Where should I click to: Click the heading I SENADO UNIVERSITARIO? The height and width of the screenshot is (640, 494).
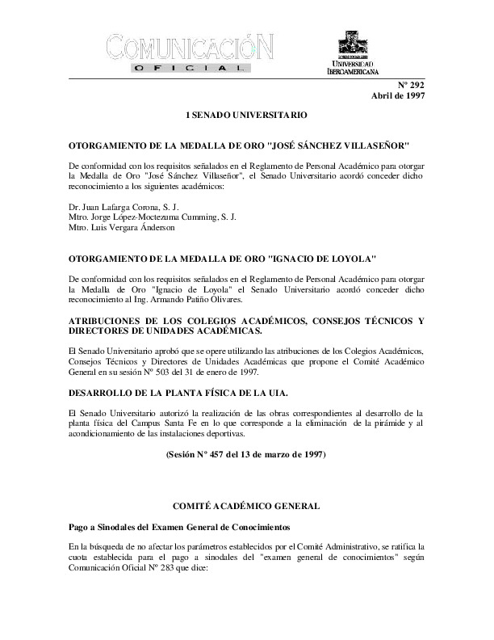(246, 116)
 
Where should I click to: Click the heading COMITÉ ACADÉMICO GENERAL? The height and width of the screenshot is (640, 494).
(246, 505)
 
